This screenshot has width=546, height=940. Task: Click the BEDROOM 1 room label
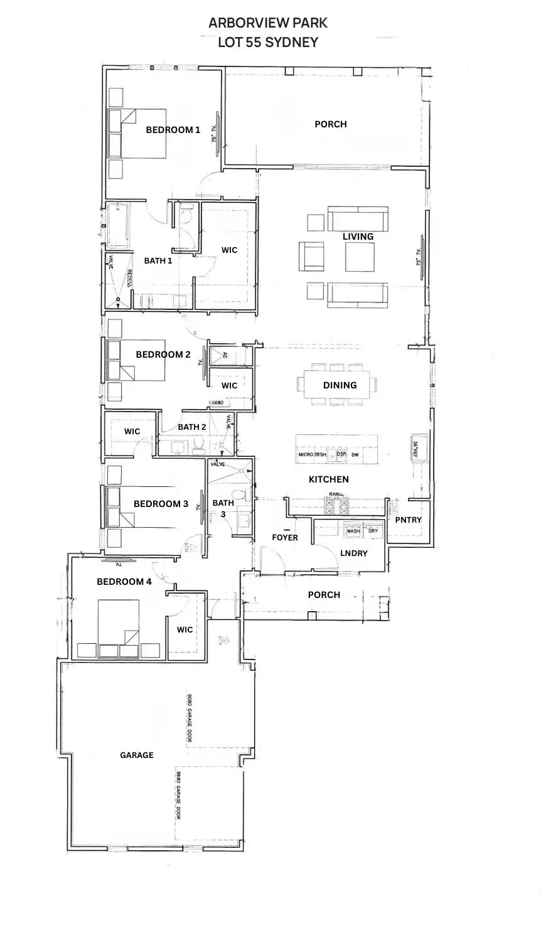tap(173, 130)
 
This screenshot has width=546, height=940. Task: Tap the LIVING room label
tap(358, 237)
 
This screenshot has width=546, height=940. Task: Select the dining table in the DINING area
tap(340, 385)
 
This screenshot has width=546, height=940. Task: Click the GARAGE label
tap(136, 755)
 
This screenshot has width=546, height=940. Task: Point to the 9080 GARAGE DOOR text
tap(188, 719)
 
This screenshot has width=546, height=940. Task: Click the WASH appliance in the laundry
tap(353, 531)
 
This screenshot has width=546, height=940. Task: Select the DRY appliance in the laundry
tap(373, 531)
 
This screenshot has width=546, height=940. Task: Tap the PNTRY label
tap(408, 520)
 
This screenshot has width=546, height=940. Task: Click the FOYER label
tap(284, 538)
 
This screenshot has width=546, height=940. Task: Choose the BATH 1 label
tap(158, 260)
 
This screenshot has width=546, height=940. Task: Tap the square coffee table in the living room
tap(360, 257)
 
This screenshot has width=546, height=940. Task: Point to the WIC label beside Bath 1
tap(229, 250)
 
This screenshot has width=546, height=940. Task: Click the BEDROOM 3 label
tap(161, 503)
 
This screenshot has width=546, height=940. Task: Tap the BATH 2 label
tap(192, 427)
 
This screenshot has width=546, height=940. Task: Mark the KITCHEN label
tap(328, 479)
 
